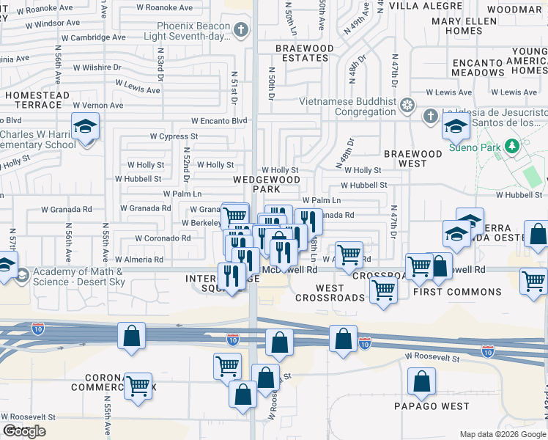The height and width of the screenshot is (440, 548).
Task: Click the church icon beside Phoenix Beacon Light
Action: click(242, 31)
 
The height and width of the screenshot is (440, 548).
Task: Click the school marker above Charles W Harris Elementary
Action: click(85, 126)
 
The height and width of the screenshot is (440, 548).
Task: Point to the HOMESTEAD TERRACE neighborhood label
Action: click(37, 100)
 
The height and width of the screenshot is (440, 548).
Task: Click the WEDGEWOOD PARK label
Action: click(267, 184)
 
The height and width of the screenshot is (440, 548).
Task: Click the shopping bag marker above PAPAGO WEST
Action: click(422, 381)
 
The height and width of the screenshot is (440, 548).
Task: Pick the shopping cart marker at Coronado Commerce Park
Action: click(138, 386)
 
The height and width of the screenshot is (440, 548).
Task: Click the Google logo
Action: click(23, 431)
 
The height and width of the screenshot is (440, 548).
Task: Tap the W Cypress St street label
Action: click(174, 136)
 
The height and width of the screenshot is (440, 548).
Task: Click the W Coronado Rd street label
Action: click(163, 238)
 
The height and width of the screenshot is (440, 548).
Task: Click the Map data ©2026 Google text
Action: click(503, 434)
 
